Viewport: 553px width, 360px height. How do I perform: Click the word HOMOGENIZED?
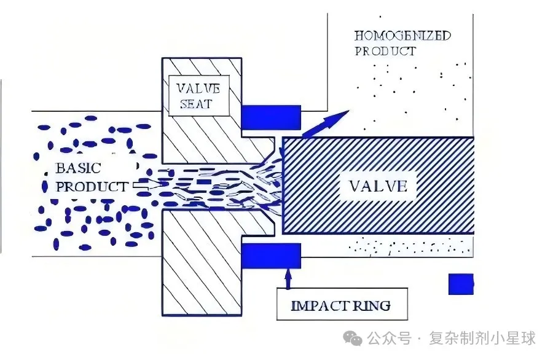(402, 36)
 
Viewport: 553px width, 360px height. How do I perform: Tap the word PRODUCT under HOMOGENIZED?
(385, 51)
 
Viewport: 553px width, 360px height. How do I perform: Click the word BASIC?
(78, 168)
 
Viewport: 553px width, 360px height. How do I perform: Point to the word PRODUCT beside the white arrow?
(92, 186)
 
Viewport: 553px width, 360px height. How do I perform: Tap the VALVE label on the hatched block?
(378, 186)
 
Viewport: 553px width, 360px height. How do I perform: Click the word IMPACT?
(315, 305)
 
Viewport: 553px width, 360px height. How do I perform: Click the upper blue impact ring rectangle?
(270, 117)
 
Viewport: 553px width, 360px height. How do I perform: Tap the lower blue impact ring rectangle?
(270, 256)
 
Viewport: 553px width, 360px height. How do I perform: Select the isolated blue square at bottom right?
(460, 284)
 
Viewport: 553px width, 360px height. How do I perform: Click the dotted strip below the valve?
(409, 246)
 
